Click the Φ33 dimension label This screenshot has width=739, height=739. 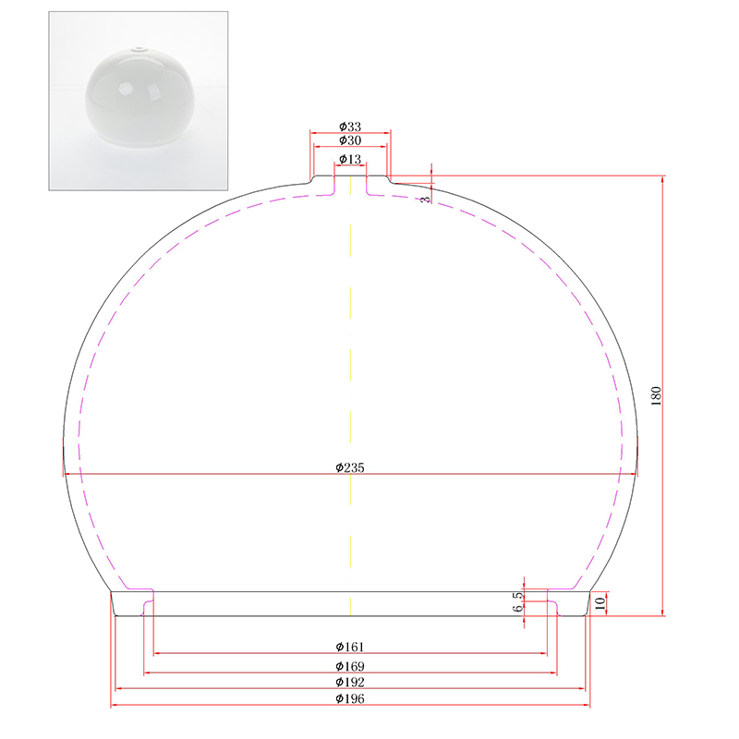[350, 127]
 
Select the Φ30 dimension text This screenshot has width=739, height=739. [350, 140]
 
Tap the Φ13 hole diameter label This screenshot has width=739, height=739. [350, 159]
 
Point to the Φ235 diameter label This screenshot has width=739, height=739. [350, 467]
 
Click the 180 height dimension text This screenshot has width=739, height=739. [656, 396]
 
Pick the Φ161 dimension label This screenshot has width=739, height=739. [350, 647]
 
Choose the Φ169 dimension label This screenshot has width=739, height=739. [350, 666]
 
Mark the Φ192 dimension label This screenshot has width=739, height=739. [350, 682]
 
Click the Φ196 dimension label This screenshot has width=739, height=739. [350, 698]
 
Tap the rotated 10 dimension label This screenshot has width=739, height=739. [600, 603]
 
